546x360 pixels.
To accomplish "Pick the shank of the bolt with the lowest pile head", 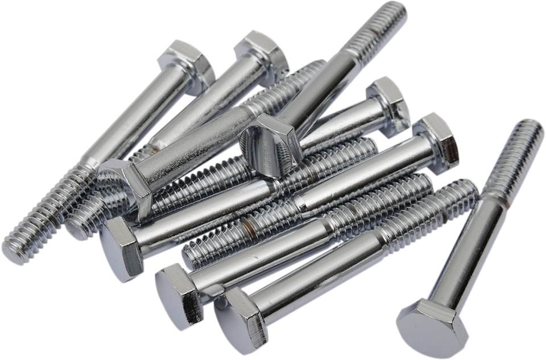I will click(318, 267).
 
